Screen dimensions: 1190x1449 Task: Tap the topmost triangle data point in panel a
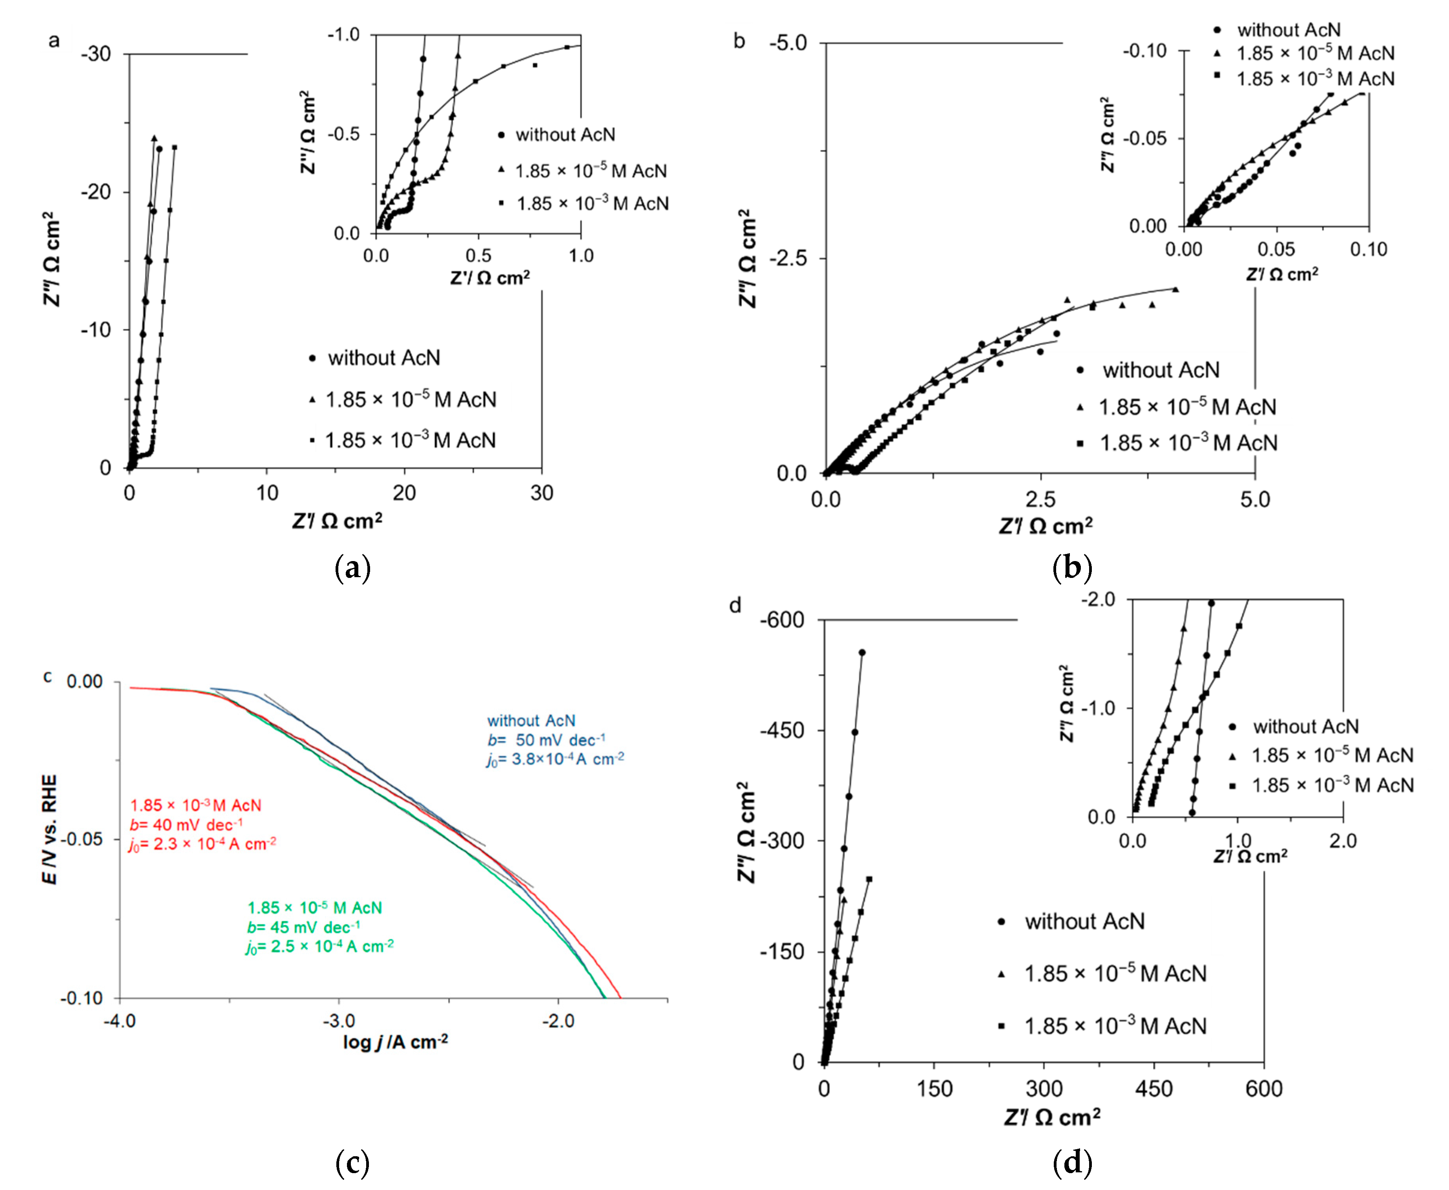pyautogui.click(x=154, y=138)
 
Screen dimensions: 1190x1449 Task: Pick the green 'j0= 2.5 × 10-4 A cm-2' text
pyautogui.click(x=319, y=947)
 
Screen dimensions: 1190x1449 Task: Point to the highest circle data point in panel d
pyautogui.click(x=862, y=652)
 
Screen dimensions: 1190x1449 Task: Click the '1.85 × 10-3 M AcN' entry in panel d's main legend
pyautogui.click(x=1114, y=1026)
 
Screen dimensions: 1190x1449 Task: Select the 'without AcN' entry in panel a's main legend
pyautogui.click(x=383, y=358)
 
